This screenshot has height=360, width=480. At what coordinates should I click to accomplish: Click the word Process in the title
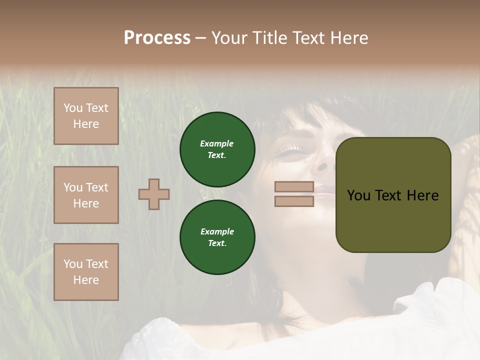pyautogui.click(x=157, y=38)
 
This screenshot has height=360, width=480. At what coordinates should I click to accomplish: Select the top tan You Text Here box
pyautogui.click(x=86, y=116)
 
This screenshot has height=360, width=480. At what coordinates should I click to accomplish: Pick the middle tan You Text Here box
pyautogui.click(x=86, y=195)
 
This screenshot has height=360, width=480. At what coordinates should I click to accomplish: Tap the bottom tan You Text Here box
pyautogui.click(x=86, y=272)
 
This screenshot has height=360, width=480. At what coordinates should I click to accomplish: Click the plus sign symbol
pyautogui.click(x=154, y=194)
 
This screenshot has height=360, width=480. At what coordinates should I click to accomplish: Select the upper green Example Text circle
pyautogui.click(x=217, y=149)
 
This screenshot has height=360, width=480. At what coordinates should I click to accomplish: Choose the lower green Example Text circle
pyautogui.click(x=217, y=237)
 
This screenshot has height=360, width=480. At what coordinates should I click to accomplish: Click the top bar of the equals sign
pyautogui.click(x=294, y=186)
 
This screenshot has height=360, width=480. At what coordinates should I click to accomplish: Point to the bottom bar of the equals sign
pyautogui.click(x=294, y=201)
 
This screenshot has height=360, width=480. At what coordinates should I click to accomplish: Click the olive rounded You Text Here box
pyautogui.click(x=393, y=195)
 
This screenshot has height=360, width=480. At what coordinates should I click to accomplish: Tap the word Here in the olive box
pyautogui.click(x=423, y=195)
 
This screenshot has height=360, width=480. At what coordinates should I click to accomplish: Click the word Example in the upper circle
pyautogui.click(x=216, y=143)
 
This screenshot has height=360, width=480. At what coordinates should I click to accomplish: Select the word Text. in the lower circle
pyautogui.click(x=217, y=243)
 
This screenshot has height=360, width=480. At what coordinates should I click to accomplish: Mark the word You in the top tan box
pyautogui.click(x=73, y=108)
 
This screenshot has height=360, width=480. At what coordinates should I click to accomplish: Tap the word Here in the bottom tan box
pyautogui.click(x=86, y=280)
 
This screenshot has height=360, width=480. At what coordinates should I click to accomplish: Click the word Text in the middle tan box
pyautogui.click(x=97, y=187)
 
